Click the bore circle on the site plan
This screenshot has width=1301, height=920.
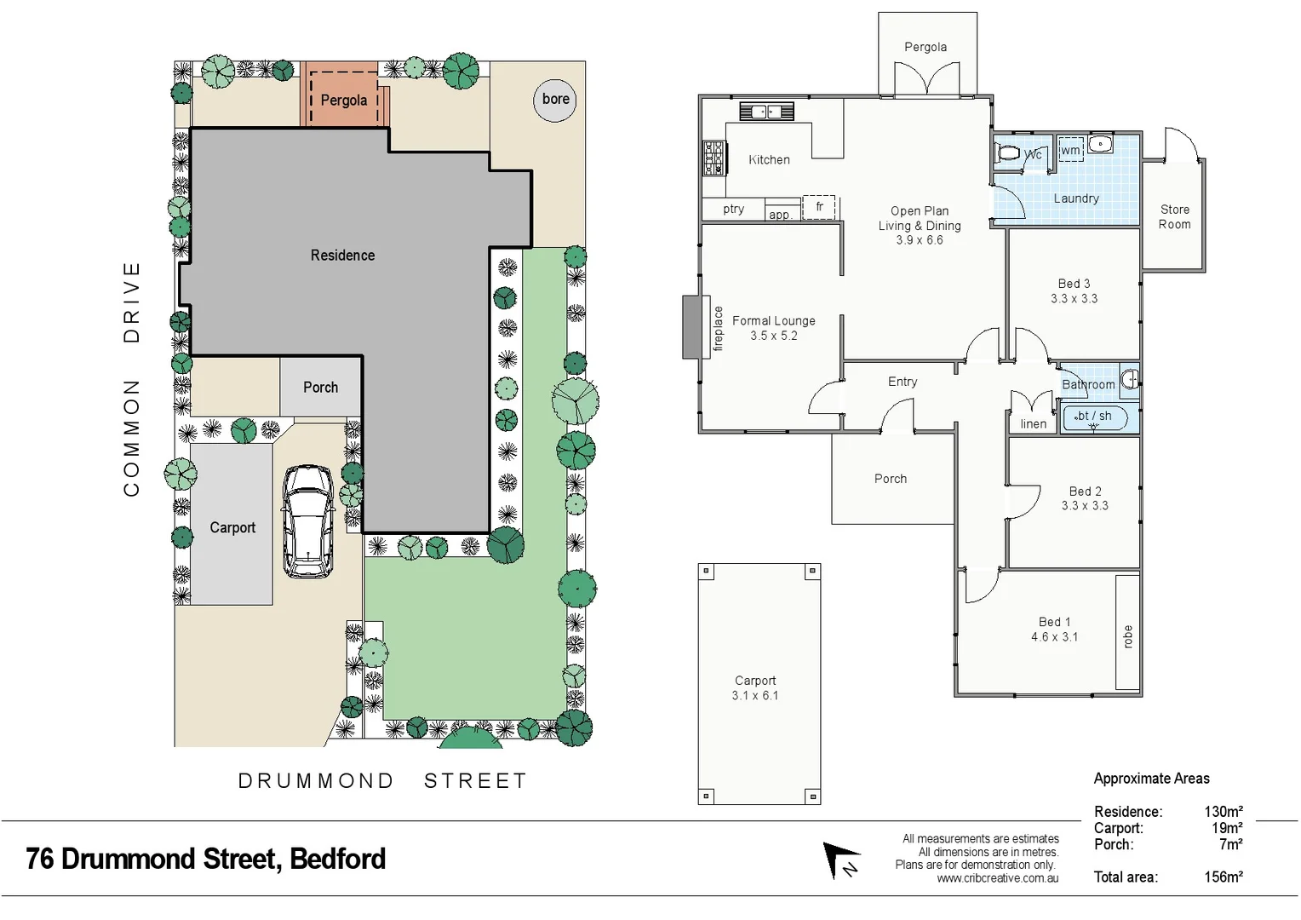click(555, 100)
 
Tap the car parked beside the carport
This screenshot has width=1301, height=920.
click(307, 520)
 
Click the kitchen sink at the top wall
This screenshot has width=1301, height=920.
click(766, 112)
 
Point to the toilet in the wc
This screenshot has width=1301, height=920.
click(1009, 154)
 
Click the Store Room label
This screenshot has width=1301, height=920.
click(1174, 217)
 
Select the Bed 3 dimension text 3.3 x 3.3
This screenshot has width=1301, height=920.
click(1074, 299)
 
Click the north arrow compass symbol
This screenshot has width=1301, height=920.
click(841, 860)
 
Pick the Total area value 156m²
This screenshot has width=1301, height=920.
click(1223, 877)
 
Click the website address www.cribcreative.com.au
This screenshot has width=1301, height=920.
click(997, 878)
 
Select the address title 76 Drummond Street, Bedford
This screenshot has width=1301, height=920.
click(206, 859)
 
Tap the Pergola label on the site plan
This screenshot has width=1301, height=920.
click(344, 101)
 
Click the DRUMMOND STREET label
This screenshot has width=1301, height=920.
click(382, 781)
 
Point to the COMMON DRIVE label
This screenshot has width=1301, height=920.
click(131, 378)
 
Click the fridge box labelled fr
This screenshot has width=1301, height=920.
click(819, 207)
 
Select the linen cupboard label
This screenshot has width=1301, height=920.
click(1033, 424)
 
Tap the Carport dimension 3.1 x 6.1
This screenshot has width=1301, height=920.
click(754, 696)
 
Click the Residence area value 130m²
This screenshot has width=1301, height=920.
click(1223, 812)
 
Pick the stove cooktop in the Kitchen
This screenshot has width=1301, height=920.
click(714, 158)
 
